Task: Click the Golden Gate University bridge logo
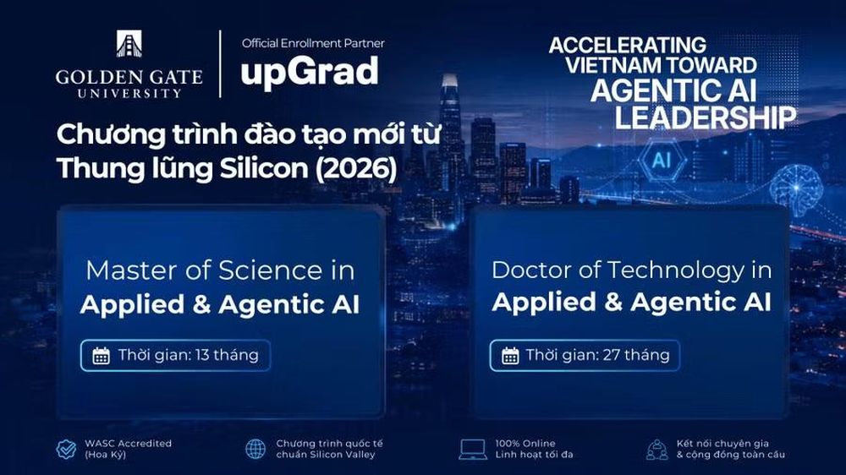point(129,44)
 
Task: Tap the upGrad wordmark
point(310,72)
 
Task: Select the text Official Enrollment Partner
point(313,43)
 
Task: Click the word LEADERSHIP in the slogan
point(706,117)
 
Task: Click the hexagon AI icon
point(662,160)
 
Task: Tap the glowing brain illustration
point(796,187)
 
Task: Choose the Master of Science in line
point(220,270)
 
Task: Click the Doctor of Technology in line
point(631,270)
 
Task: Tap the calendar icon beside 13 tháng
point(101,356)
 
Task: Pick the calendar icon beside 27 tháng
point(510,356)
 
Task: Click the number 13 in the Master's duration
point(202,355)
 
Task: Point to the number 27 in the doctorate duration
point(612,355)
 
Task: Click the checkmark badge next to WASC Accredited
point(66,449)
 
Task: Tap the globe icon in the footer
point(255,449)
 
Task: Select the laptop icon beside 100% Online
point(473,449)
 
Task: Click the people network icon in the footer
point(656,449)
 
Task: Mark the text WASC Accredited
point(128,443)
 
